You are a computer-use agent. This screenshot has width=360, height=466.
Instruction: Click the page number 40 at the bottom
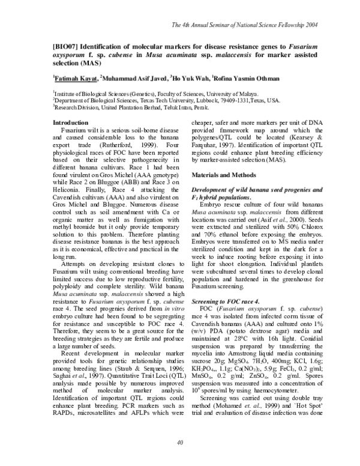tap(180, 443)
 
